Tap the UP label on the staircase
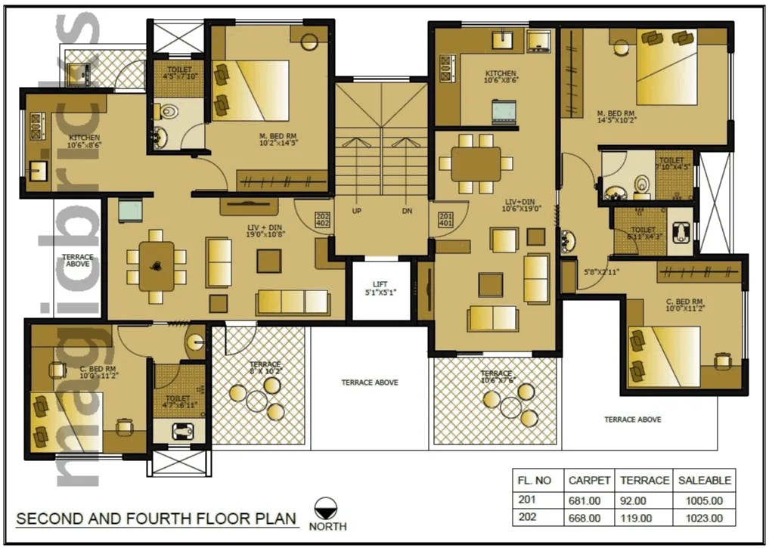coord(356,211)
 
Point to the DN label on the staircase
coord(407,211)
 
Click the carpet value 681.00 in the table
coord(584,500)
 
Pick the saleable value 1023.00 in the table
coord(705,519)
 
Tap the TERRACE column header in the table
coord(644,480)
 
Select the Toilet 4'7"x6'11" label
coord(179,402)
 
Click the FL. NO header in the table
coord(534,480)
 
